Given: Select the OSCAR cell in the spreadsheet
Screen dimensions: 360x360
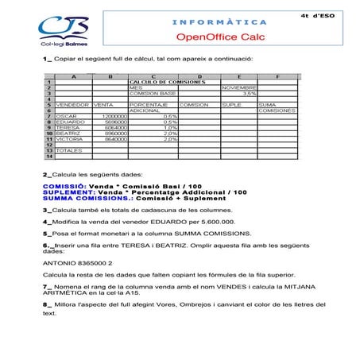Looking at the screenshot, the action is pyautogui.click(x=68, y=116).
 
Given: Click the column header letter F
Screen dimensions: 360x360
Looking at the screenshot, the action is pyautogui.click(x=277, y=76).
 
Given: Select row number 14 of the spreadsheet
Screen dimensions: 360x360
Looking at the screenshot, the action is pyautogui.click(x=48, y=156).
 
